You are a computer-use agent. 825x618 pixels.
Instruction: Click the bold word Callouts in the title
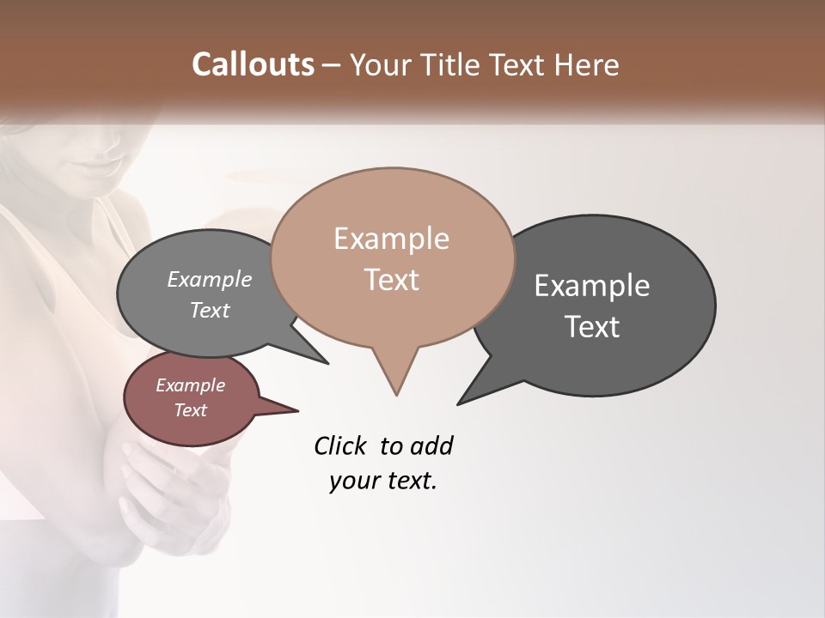pyautogui.click(x=254, y=64)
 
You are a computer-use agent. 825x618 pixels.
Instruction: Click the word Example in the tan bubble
pyautogui.click(x=391, y=239)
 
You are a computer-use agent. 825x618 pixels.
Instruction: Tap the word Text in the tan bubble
pyautogui.click(x=391, y=280)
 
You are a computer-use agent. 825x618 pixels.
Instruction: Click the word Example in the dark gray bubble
pyautogui.click(x=592, y=286)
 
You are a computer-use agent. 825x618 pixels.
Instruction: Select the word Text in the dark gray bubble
pyautogui.click(x=592, y=327)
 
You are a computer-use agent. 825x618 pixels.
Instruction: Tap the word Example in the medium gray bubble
pyautogui.click(x=210, y=279)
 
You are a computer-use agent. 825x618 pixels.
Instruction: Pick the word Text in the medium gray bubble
pyautogui.click(x=210, y=310)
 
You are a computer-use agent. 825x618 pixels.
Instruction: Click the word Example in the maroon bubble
pyautogui.click(x=190, y=385)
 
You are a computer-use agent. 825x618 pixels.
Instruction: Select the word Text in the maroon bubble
pyautogui.click(x=190, y=410)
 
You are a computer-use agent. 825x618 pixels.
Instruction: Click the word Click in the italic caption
pyautogui.click(x=339, y=445)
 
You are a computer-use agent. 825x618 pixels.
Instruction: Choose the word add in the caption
pyautogui.click(x=431, y=445)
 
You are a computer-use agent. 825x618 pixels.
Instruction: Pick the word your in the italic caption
pyautogui.click(x=355, y=481)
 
